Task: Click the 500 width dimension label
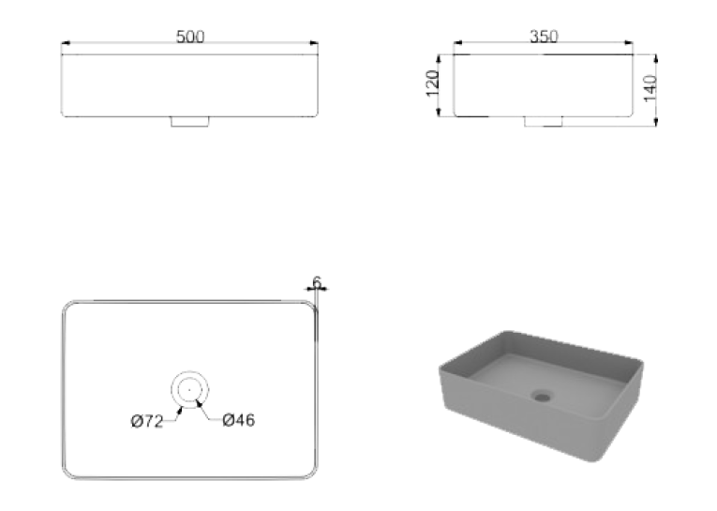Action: click(190, 37)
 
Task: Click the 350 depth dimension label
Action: click(544, 37)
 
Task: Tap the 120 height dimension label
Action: click(432, 83)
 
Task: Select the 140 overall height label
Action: click(650, 89)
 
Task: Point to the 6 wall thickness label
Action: click(317, 282)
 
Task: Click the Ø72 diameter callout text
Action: click(147, 421)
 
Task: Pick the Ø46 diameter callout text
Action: click(239, 420)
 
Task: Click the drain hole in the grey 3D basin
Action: click(543, 396)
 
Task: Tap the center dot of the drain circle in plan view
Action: click(189, 390)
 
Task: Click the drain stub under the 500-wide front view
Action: click(189, 122)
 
